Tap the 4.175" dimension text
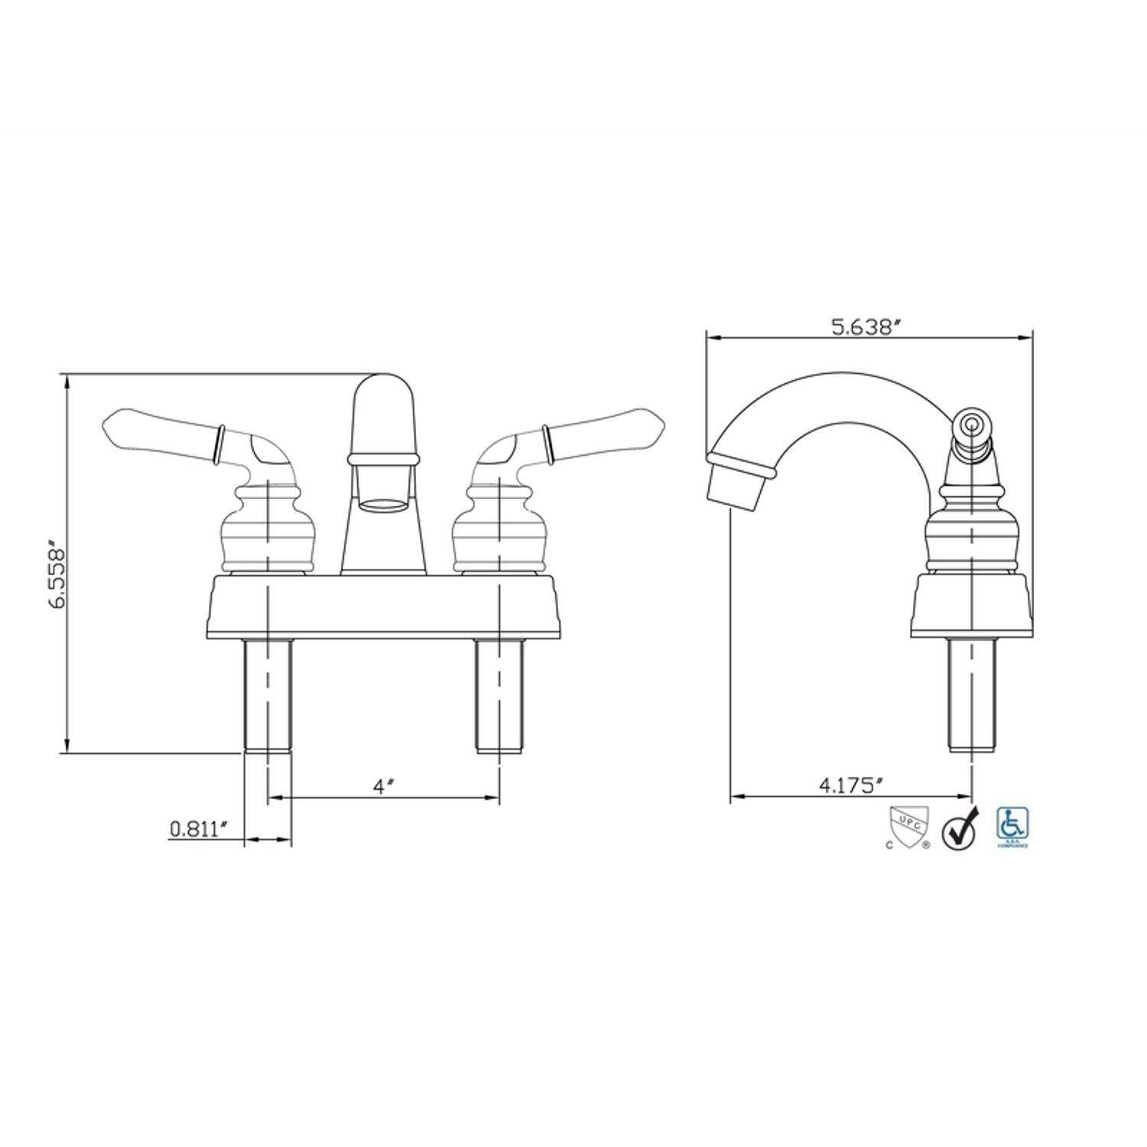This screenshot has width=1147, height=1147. (x=851, y=785)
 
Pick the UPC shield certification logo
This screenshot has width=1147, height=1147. (x=908, y=827)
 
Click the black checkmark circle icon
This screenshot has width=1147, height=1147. (x=960, y=831)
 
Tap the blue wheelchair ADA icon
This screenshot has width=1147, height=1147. (x=1012, y=826)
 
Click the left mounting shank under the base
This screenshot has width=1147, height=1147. (x=267, y=696)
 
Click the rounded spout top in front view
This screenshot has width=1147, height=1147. (x=383, y=413)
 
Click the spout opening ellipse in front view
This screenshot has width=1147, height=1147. (x=382, y=504)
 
